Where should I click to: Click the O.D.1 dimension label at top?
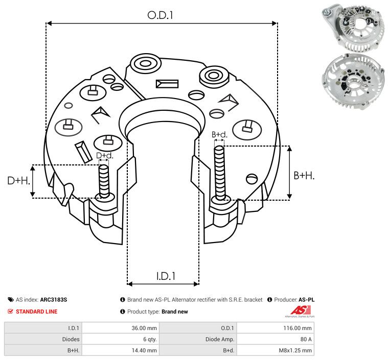[160, 15]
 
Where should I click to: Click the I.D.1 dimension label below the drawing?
[166, 276]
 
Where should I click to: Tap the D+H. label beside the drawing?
[18, 181]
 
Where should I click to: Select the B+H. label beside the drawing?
[304, 176]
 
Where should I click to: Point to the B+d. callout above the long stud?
[219, 134]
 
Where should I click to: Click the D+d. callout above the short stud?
[104, 155]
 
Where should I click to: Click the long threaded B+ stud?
[220, 173]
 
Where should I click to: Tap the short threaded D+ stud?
[104, 181]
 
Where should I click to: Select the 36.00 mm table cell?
[144, 328]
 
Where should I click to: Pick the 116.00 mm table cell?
[298, 328]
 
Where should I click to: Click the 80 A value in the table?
[306, 339]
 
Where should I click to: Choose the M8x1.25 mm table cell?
[295, 350]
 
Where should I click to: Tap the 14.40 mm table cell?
[144, 350]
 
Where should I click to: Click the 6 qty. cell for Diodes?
[150, 339]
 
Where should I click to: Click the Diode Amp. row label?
[220, 339]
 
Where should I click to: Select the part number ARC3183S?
[54, 300]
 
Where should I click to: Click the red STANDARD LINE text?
[36, 311]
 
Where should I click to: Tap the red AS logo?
[301, 310]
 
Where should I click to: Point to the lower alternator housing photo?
[353, 81]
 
